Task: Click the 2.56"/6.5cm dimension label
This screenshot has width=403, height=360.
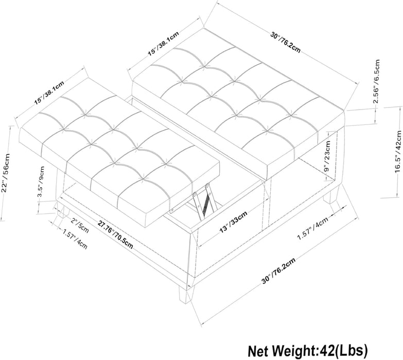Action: [x=377, y=81]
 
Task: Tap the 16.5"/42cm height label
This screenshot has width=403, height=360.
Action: [x=398, y=152]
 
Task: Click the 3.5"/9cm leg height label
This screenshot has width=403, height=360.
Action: [x=41, y=182]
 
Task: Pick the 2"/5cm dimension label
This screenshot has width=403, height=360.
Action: [x=79, y=225]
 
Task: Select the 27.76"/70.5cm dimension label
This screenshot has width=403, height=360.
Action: [x=115, y=235]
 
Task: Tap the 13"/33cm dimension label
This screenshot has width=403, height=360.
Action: [x=233, y=222]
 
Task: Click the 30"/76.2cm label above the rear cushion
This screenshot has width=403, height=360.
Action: [x=285, y=42]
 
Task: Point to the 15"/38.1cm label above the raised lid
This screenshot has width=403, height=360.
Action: [x=49, y=93]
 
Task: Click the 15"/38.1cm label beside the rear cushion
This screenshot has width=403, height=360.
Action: [x=163, y=43]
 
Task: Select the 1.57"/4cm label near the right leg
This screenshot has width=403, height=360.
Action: [x=312, y=228]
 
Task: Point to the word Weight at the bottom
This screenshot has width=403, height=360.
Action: [x=291, y=351]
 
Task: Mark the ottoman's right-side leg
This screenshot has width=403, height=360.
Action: [x=331, y=194]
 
